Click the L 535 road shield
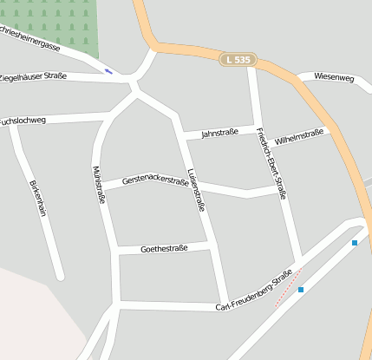[236, 60]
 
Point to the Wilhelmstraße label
[298, 136]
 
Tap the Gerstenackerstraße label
[155, 180]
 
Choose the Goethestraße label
[164, 249]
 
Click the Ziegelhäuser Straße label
[33, 76]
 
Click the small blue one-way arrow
[108, 70]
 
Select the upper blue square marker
[355, 243]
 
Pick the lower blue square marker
[301, 290]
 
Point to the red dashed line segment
[287, 289]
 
